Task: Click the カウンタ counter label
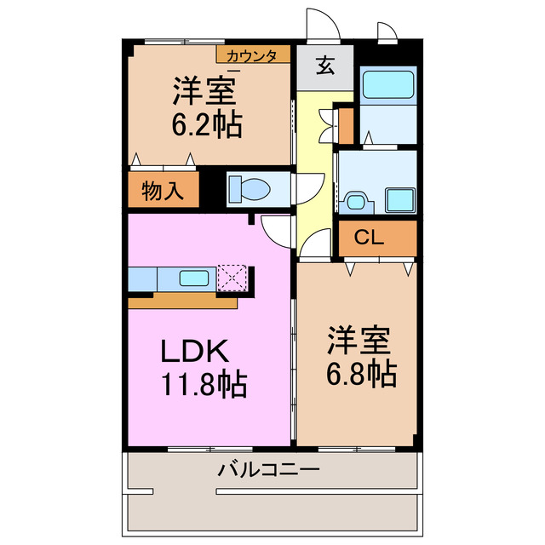[252, 56]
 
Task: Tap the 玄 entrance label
[326, 66]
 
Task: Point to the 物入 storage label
[163, 191]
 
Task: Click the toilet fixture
[251, 188]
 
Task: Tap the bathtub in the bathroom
[387, 86]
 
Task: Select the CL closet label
[369, 238]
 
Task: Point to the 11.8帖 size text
[204, 385]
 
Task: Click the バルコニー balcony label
[268, 469]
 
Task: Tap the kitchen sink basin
[196, 278]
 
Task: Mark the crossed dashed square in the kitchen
[231, 278]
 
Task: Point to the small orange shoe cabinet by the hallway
[345, 123]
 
